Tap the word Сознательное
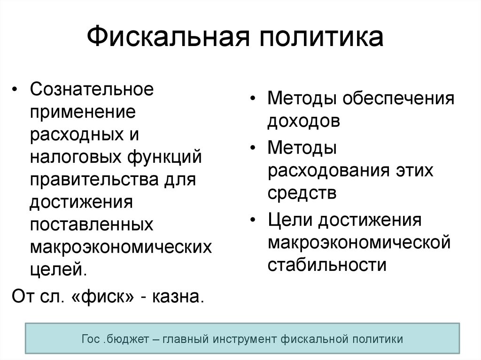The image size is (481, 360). [x=92, y=89]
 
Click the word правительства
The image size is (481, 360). [x=94, y=180]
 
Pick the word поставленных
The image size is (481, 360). [x=92, y=225]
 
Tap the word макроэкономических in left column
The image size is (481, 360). [x=121, y=247]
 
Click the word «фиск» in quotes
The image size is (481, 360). [x=102, y=297]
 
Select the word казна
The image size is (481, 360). [x=178, y=297]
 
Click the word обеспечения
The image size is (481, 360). [x=398, y=99]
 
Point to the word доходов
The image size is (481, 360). [x=304, y=122]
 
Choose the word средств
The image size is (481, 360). [x=302, y=194]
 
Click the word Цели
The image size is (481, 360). [x=290, y=221]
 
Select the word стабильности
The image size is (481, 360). [x=327, y=265]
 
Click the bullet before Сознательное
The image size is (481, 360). [x=14, y=89]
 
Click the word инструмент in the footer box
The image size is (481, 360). [x=245, y=339]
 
